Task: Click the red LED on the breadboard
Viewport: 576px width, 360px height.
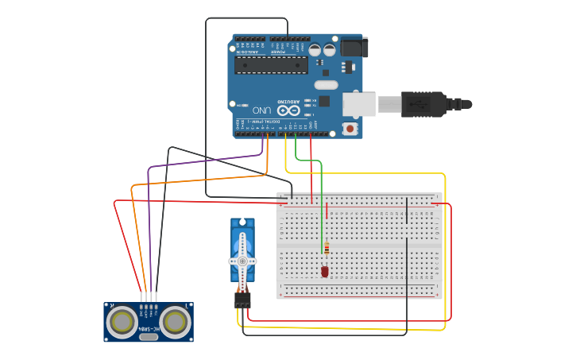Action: (325, 272)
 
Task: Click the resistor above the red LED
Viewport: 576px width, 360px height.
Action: (326, 250)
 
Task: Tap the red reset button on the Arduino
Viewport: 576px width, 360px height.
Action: (350, 128)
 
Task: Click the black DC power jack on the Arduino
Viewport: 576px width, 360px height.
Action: (354, 47)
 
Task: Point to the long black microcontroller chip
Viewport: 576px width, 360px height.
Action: (271, 64)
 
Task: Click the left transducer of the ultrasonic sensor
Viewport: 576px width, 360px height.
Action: (122, 321)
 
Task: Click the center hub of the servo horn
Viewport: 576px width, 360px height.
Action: (242, 261)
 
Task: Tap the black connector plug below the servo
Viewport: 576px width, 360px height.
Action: (242, 300)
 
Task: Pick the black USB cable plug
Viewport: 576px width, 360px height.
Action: (424, 104)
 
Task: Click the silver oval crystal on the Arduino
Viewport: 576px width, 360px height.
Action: (326, 84)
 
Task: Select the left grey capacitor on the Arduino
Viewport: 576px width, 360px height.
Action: (315, 49)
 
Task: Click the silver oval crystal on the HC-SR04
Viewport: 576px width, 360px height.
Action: (149, 337)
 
